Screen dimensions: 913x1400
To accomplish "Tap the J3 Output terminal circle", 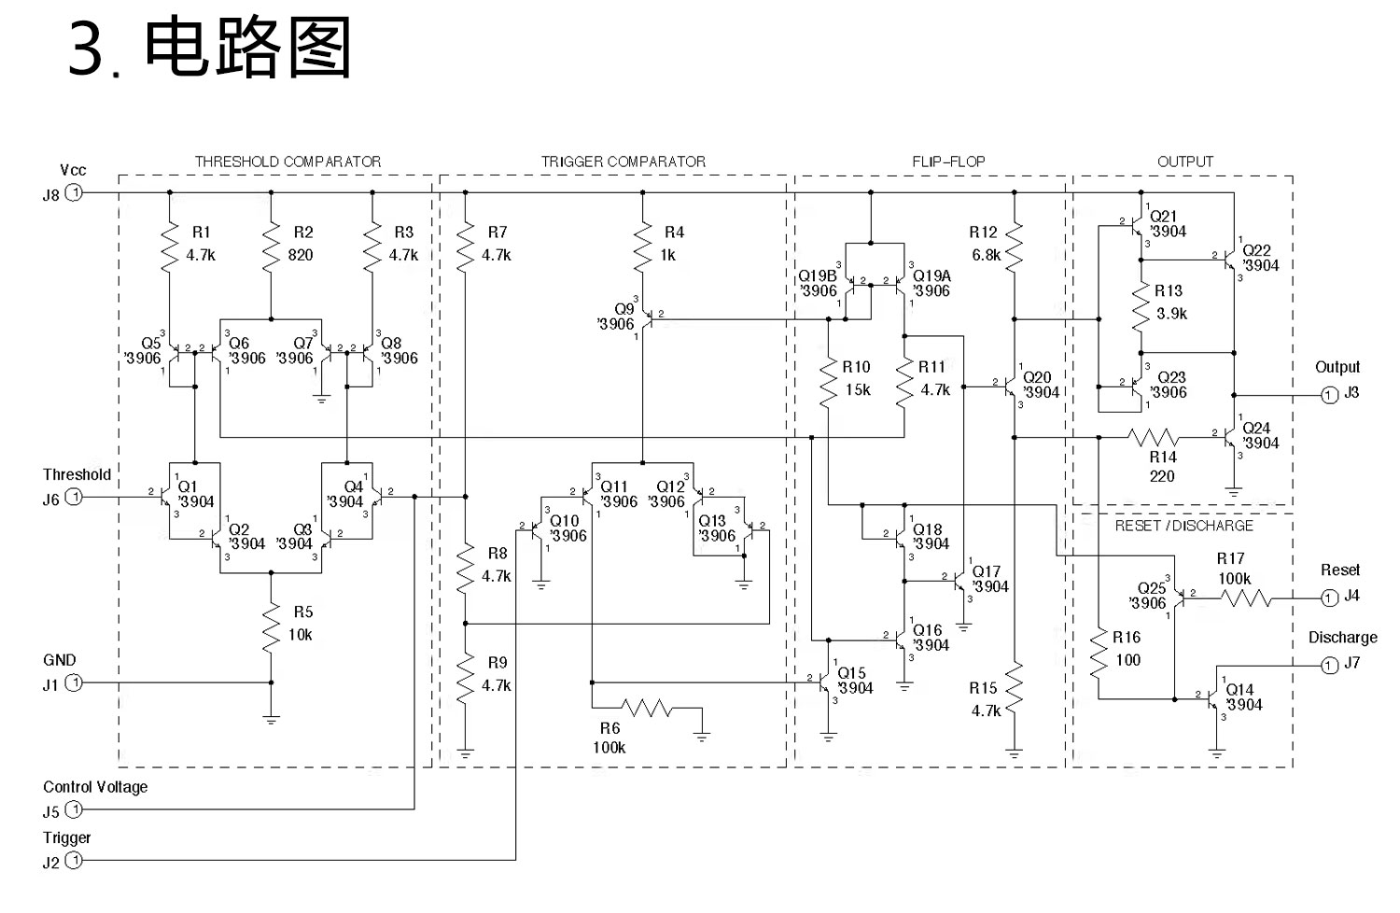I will pos(1329,395).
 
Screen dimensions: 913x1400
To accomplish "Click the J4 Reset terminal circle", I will pos(1329,597).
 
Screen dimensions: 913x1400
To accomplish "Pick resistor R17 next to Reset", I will pos(1246,597).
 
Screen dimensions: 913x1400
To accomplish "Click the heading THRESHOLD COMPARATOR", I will pos(287,162).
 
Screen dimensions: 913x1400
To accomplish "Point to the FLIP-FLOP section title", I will pos(948,162).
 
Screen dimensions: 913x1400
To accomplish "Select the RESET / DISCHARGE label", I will pos(1183,526).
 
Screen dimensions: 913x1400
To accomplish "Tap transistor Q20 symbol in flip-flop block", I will pos(1011,386).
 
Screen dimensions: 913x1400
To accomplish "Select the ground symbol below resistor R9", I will pos(466,751).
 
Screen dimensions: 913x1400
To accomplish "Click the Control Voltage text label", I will pos(95,787).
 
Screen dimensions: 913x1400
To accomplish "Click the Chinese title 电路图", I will pos(248,49).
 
